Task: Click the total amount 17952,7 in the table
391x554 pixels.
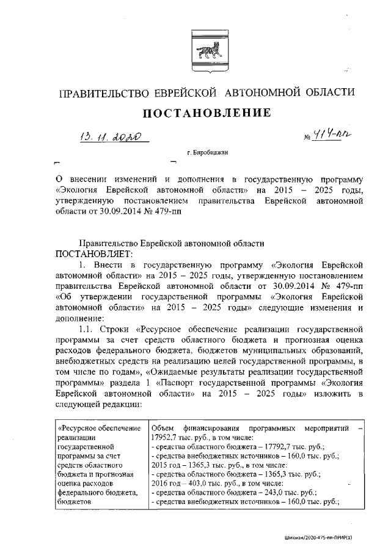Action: tap(165, 438)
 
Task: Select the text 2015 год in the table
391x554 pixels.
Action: tap(165, 465)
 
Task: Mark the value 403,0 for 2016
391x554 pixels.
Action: tap(190, 484)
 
